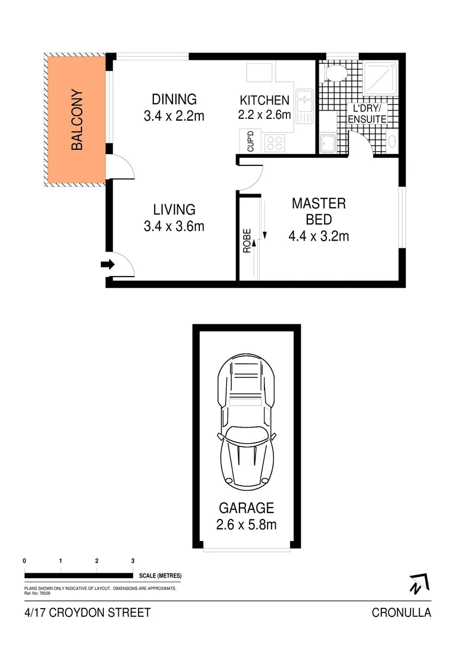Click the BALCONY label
[76, 119]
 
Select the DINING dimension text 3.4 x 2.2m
[174, 116]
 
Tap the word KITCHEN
[264, 100]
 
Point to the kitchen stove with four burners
[274, 143]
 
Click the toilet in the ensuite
[335, 73]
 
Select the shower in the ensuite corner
[380, 78]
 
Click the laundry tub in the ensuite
[328, 143]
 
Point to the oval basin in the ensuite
[392, 142]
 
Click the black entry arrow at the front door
[107, 265]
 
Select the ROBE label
[247, 241]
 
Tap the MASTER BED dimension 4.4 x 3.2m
[318, 236]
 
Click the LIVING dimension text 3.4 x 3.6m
[174, 226]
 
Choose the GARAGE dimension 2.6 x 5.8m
[247, 525]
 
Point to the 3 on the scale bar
[133, 561]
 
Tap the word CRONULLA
[401, 612]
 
